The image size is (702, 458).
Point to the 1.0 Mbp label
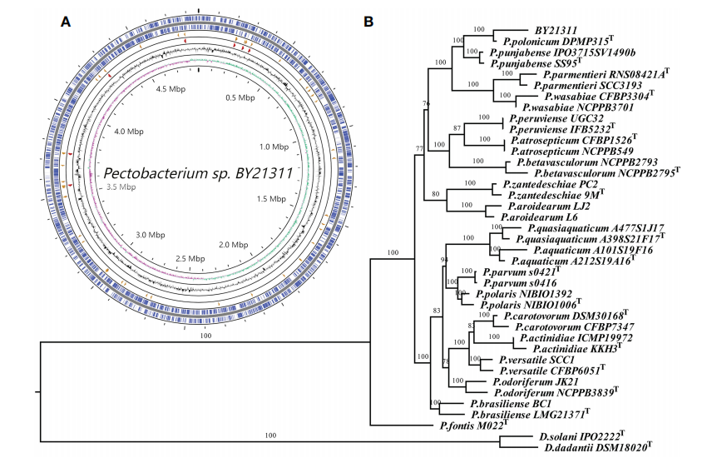click(274, 147)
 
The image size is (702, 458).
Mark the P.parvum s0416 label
click(511, 283)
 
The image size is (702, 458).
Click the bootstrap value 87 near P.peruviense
click(456, 128)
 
